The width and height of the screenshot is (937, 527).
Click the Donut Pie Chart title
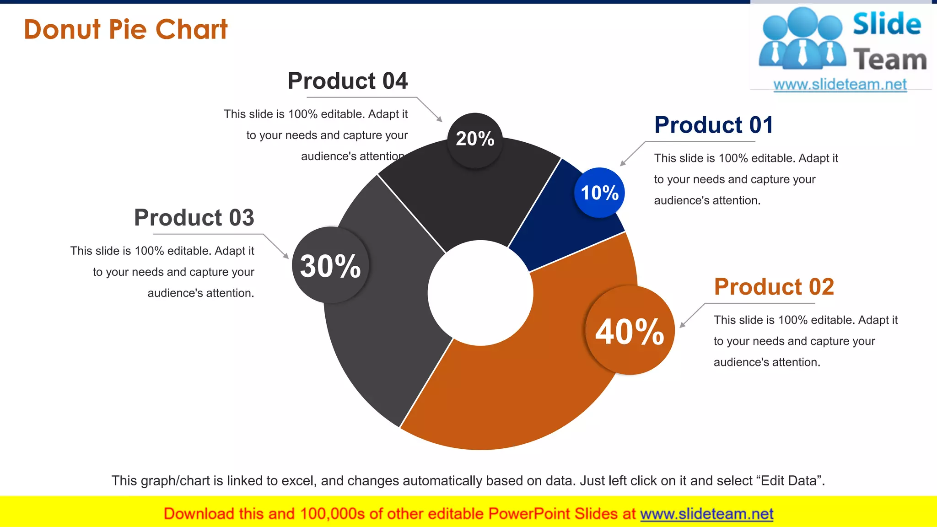click(x=125, y=29)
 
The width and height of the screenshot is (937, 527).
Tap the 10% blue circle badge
click(x=599, y=193)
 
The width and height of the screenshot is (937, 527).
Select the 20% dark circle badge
click(x=475, y=139)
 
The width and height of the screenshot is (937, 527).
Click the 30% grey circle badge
click(x=330, y=265)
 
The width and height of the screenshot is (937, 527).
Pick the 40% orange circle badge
click(x=630, y=331)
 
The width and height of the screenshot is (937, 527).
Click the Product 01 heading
click(x=714, y=125)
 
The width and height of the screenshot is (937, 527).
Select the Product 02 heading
click(x=774, y=287)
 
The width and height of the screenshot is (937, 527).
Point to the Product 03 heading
click(x=194, y=217)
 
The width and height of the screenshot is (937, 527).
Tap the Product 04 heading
click(x=347, y=81)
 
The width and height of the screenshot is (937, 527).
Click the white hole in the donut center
click(x=480, y=293)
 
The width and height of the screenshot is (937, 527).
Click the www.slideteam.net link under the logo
click(x=840, y=84)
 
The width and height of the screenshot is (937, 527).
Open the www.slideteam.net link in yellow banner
click(x=706, y=514)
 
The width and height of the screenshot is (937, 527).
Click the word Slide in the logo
click(x=887, y=24)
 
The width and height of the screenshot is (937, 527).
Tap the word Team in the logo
click(x=890, y=60)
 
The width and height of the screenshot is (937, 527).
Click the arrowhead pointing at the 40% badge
click(x=682, y=325)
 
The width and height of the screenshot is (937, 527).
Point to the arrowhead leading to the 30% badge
click(x=286, y=256)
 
